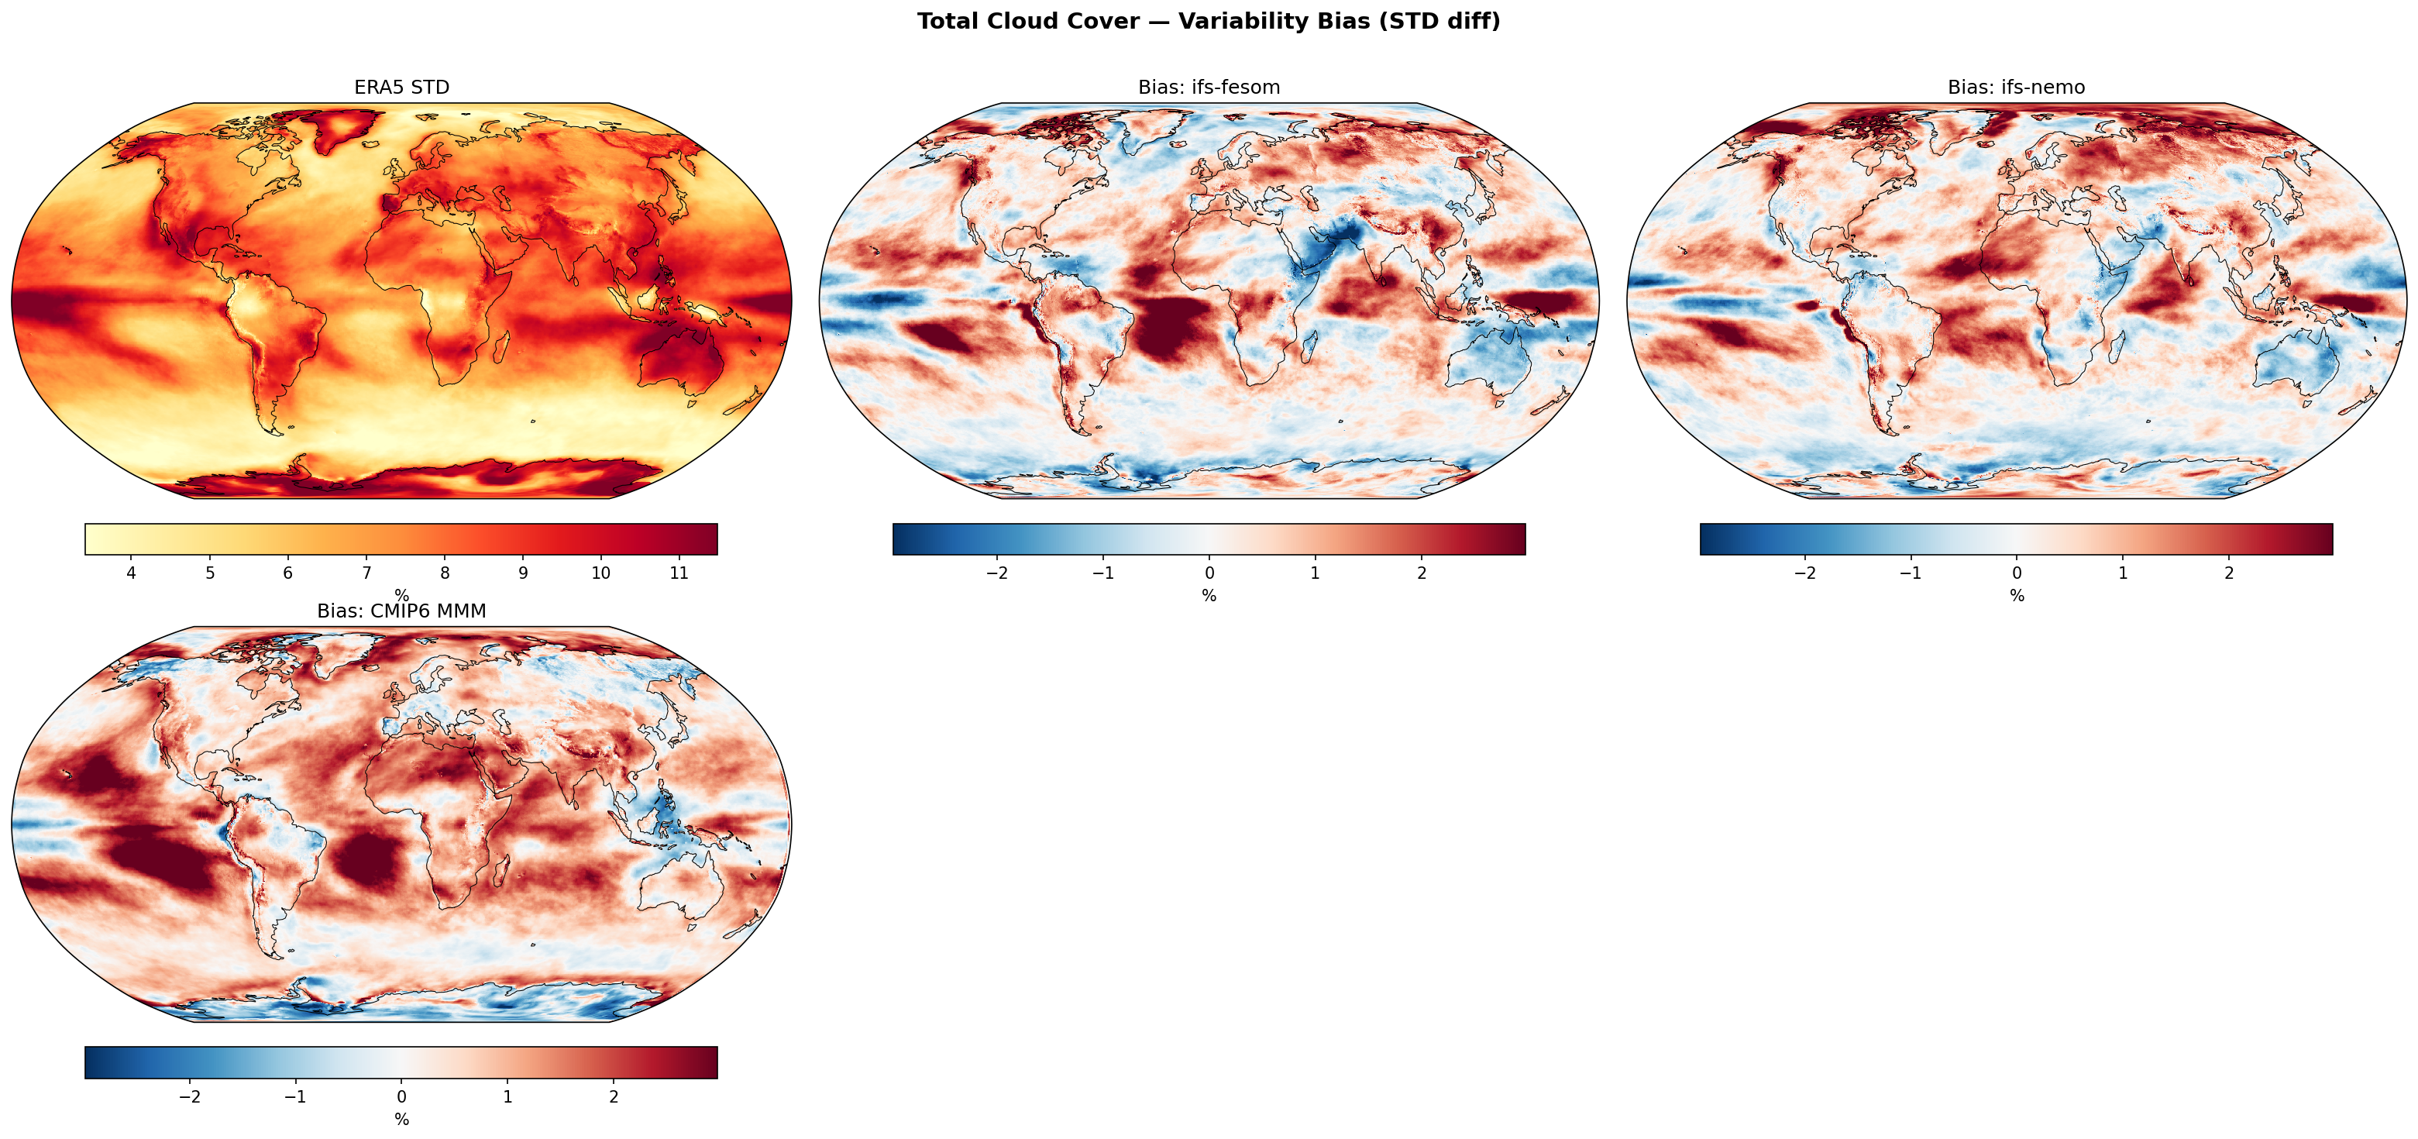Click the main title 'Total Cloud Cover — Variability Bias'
[x=1208, y=22]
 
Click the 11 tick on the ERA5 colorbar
[x=679, y=573]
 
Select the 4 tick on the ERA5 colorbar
[x=132, y=573]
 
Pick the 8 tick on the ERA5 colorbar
[x=445, y=573]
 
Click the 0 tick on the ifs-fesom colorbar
[x=1209, y=573]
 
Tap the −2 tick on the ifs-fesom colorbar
[x=997, y=573]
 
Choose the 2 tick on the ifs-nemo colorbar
[x=2228, y=573]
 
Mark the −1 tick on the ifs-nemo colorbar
[x=1911, y=573]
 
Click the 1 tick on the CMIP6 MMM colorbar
[x=507, y=1096]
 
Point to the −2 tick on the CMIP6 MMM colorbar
[x=190, y=1096]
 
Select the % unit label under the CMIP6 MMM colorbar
[x=402, y=1120]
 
